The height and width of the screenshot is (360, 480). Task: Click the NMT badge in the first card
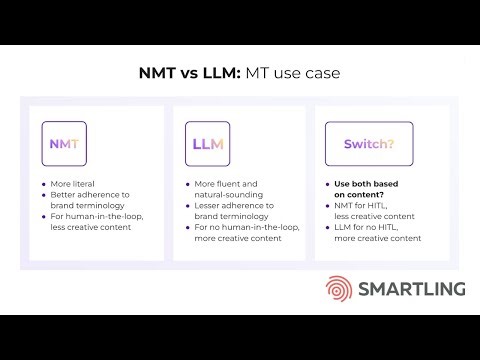[x=65, y=144]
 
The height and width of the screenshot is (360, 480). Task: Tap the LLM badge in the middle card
[x=208, y=144]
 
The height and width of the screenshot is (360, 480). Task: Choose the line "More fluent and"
[x=226, y=185]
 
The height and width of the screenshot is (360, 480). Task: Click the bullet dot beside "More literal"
[x=43, y=185]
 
